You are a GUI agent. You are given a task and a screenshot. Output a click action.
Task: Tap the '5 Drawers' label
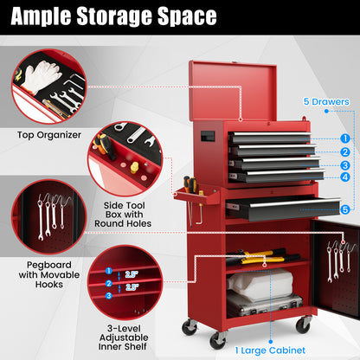click(x=325, y=101)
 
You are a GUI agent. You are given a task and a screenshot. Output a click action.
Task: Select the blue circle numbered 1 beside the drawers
click(x=345, y=138)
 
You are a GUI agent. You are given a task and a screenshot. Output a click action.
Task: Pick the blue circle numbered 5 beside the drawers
click(x=345, y=209)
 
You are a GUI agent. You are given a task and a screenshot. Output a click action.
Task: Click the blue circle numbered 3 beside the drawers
click(x=345, y=165)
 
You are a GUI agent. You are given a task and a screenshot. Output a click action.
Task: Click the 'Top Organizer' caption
click(x=48, y=134)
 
